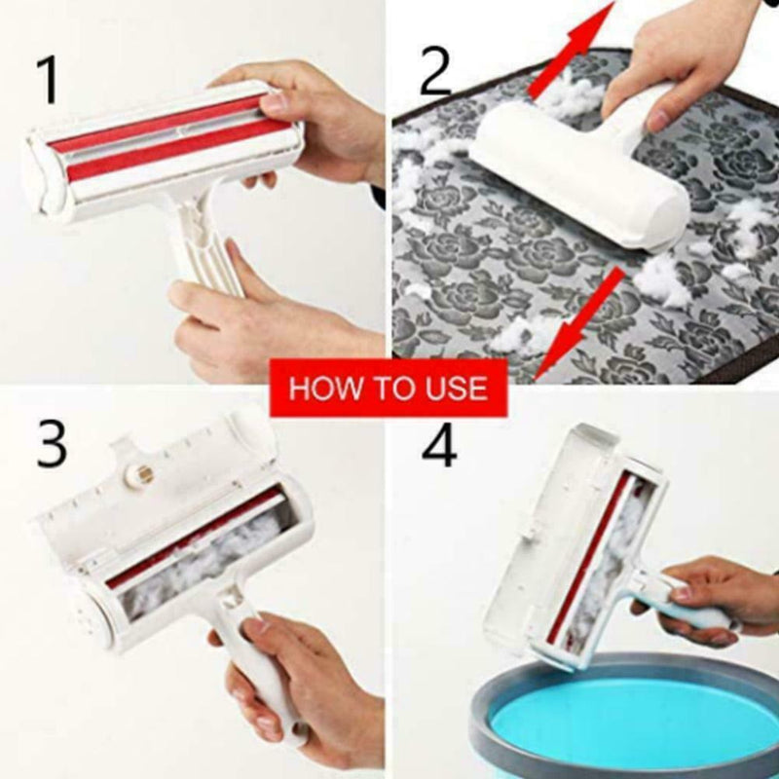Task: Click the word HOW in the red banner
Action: point(321,389)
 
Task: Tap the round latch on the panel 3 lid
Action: point(144,474)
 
